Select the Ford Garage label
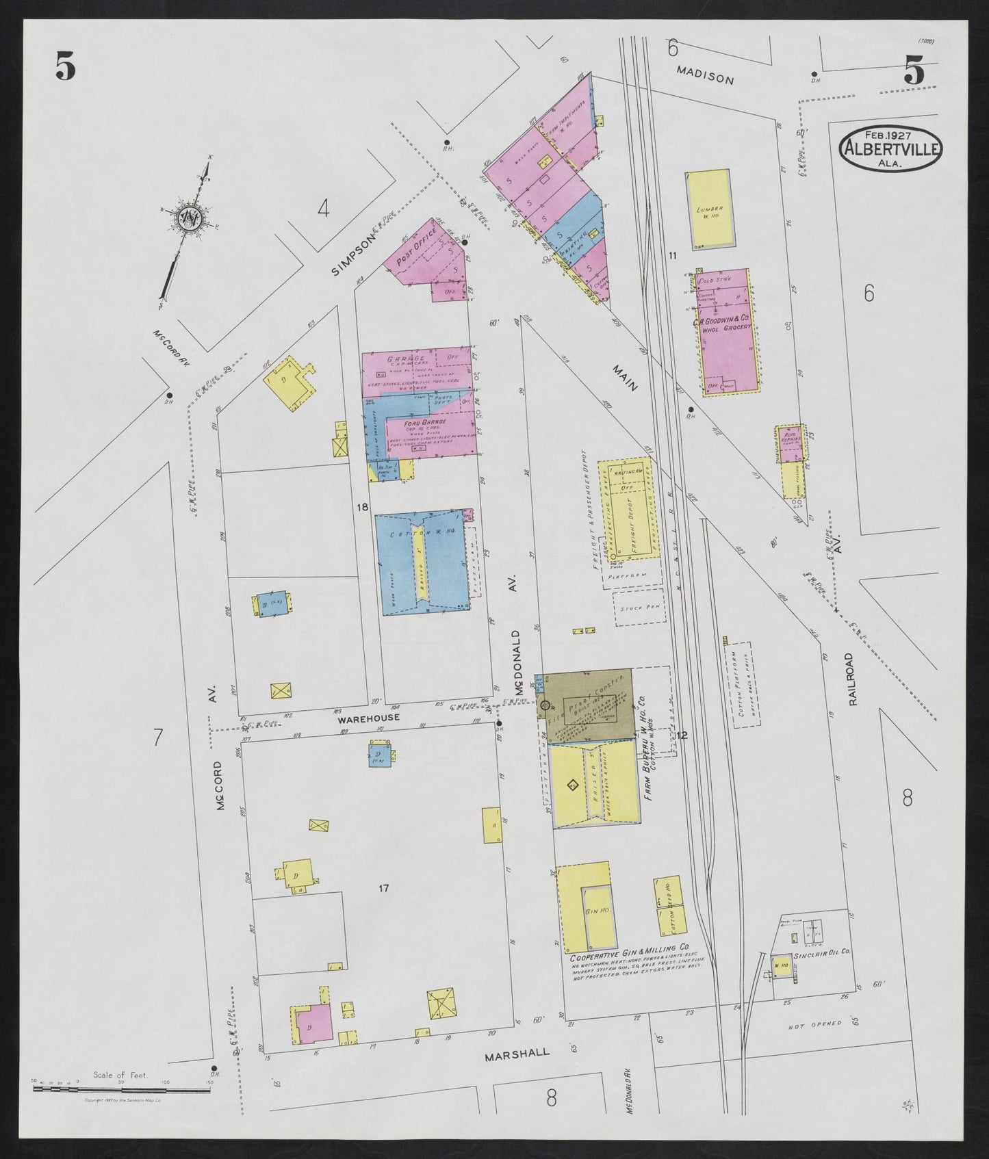429,422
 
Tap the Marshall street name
517,1072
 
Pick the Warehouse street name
368,718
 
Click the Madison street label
705,75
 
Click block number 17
383,888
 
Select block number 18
363,507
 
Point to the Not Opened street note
814,1024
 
